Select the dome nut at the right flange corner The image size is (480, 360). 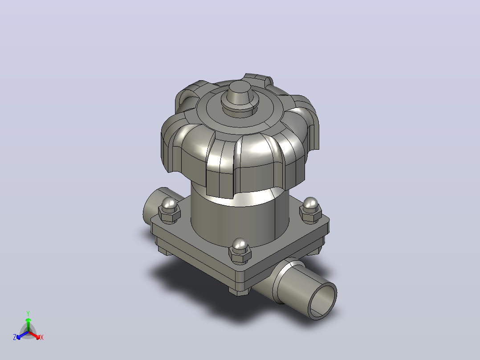310,209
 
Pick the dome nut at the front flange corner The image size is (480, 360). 240,250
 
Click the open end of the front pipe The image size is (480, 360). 322,302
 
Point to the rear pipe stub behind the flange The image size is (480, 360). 159,205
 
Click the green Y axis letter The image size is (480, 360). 28,313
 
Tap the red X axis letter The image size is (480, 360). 42,337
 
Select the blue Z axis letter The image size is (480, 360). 15,337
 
